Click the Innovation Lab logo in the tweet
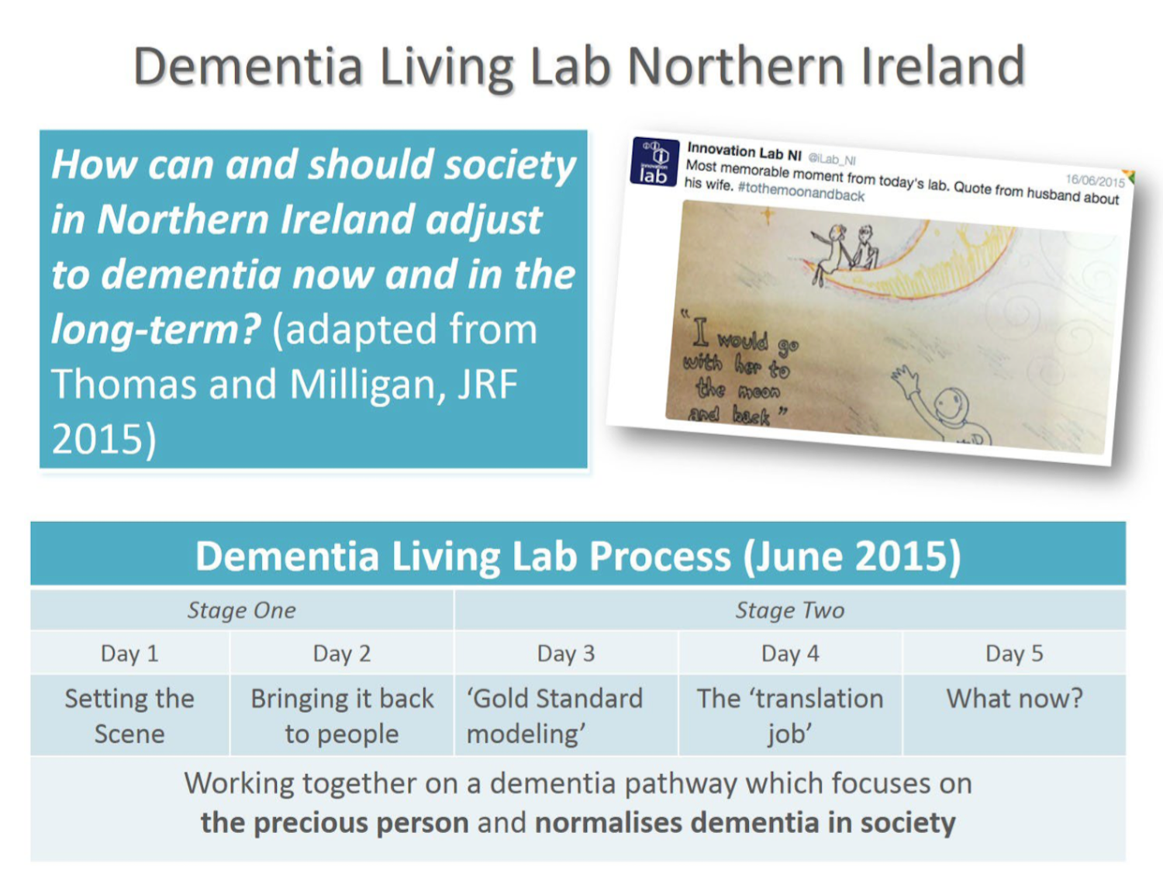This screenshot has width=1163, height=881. coord(654,162)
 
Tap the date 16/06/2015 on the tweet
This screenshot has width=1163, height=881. coord(1095,181)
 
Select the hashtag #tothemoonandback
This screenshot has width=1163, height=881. coord(801,192)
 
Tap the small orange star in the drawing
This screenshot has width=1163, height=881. coord(767,215)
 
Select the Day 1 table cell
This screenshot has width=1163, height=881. coord(129,653)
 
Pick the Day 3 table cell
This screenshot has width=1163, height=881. coord(566,653)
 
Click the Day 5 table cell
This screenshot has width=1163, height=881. coord(1014,653)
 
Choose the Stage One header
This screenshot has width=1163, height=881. coord(242,610)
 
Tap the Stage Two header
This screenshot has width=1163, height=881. coord(790,610)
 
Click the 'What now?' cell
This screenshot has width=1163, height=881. coord(1014,715)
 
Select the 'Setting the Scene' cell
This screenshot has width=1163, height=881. coord(129,715)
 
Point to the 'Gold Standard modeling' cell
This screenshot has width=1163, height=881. coord(566,715)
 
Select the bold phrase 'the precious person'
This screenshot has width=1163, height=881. coord(335,823)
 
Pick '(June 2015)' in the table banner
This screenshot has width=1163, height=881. coord(852,557)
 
